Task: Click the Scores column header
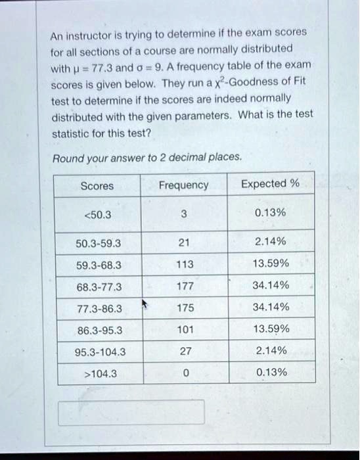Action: (x=97, y=186)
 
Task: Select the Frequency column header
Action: (x=183, y=185)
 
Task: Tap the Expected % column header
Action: (x=269, y=183)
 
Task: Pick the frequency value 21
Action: (x=184, y=242)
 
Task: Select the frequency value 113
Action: (x=185, y=265)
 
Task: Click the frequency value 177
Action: (x=185, y=287)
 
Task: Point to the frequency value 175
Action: (x=185, y=308)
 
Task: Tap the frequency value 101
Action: (x=185, y=329)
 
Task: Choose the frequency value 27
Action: (x=185, y=351)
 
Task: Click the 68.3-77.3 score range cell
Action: (x=99, y=287)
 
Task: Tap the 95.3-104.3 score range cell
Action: (x=99, y=352)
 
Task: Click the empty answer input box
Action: (x=131, y=412)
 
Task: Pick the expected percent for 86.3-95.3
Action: (x=271, y=329)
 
